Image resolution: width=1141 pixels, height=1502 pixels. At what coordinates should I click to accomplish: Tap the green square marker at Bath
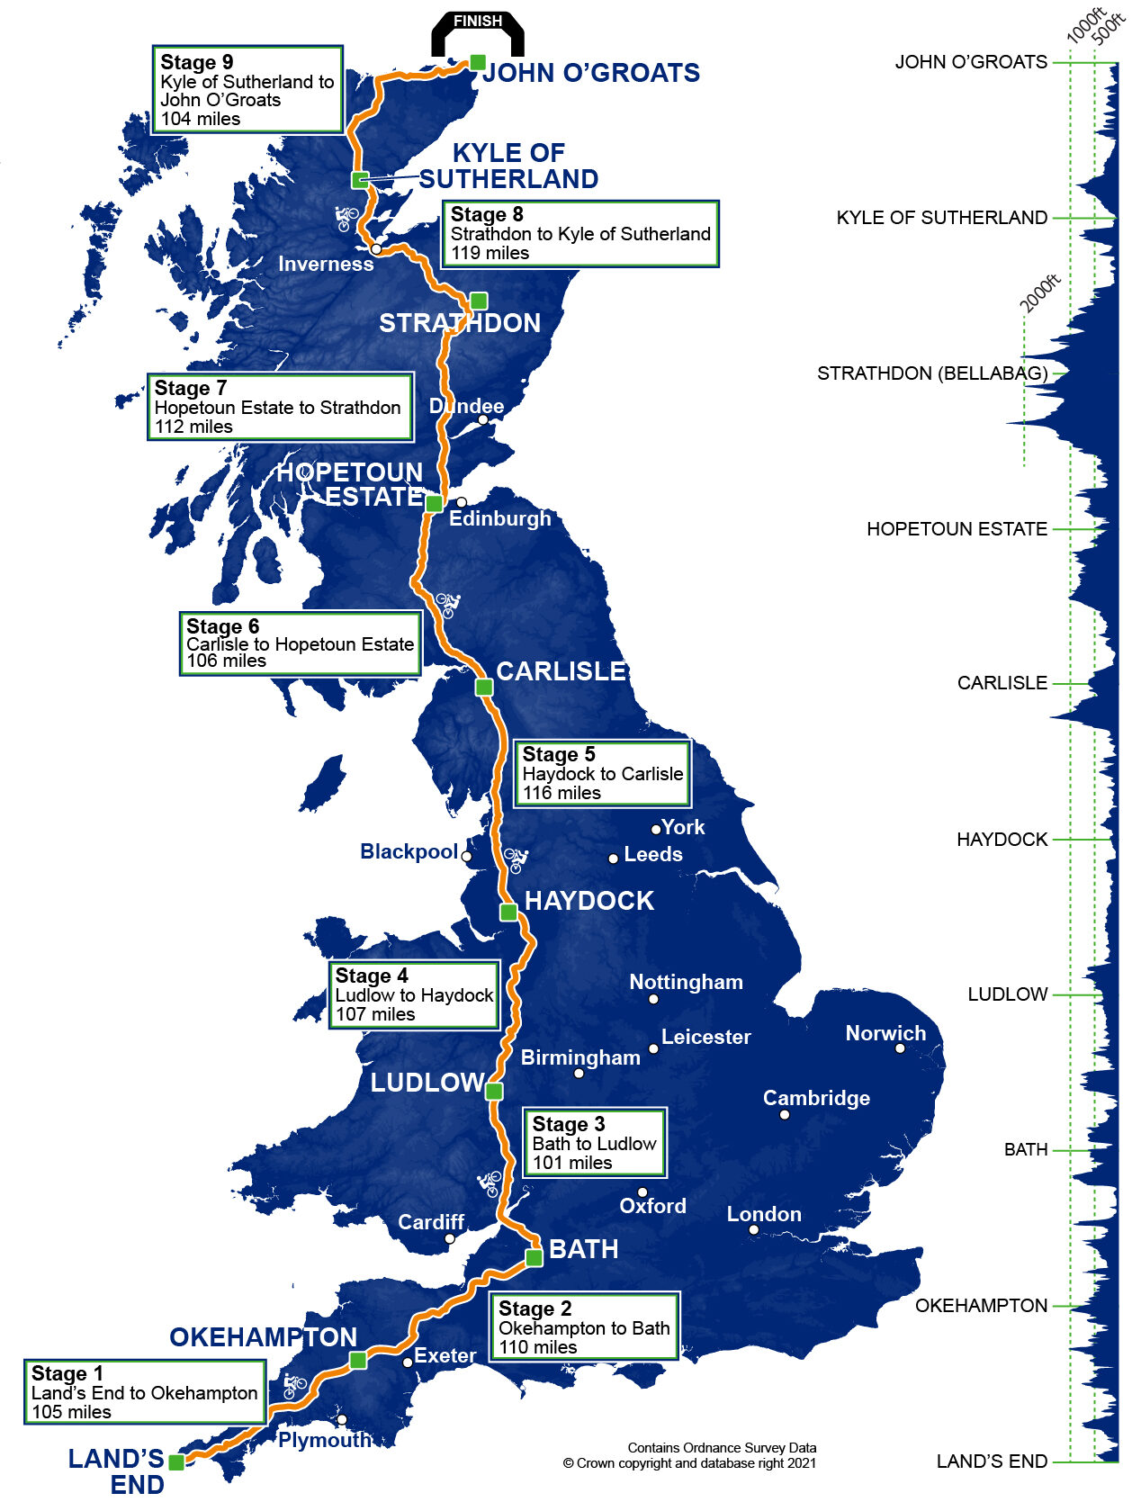point(534,1257)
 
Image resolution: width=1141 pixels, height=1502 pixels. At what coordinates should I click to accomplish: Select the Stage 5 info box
point(601,773)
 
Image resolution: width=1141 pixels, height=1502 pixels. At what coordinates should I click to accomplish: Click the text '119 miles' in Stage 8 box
point(490,253)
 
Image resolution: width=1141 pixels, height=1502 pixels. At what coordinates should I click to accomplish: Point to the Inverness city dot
point(376,248)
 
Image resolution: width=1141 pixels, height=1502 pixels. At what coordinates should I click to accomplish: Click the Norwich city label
point(885,1033)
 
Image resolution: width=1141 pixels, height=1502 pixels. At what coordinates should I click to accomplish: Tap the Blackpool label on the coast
point(409,851)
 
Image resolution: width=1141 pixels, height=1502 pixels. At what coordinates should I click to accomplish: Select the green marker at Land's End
point(176,1462)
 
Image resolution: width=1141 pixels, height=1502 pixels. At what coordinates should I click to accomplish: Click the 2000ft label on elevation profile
point(1040,294)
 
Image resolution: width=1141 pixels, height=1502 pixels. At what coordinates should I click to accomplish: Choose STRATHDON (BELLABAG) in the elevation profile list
point(931,373)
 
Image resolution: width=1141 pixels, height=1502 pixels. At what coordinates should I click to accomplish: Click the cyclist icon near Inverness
point(346,218)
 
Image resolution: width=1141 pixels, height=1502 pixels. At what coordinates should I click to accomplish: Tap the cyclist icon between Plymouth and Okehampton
point(294,1386)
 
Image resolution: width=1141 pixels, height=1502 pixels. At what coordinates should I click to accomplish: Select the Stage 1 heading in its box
point(67,1373)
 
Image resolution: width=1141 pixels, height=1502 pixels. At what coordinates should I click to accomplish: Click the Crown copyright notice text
point(690,1463)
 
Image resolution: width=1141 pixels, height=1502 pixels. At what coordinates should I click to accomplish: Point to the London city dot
point(754,1230)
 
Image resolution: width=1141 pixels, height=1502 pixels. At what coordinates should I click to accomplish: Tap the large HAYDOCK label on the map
point(588,901)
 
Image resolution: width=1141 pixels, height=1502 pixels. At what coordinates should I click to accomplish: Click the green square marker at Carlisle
point(484,687)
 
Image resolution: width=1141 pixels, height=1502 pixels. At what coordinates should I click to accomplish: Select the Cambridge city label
point(816,1098)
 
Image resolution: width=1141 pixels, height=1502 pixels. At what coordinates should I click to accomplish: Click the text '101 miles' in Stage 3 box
point(572,1163)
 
